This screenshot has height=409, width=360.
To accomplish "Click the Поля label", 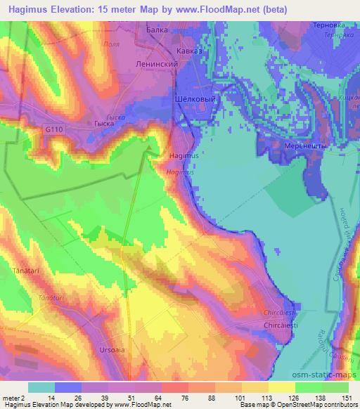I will point(109,43).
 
